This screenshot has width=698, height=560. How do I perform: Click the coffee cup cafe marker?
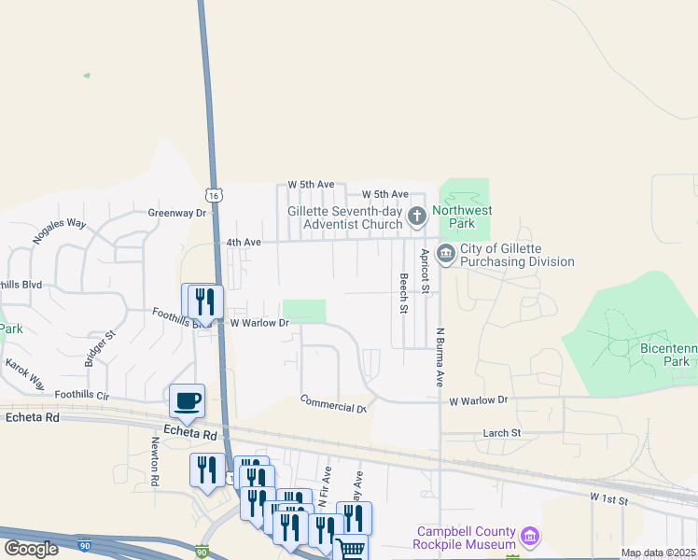[187, 400]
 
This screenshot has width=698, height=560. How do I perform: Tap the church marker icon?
[416, 217]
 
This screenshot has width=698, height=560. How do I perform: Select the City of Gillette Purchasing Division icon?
[445, 253]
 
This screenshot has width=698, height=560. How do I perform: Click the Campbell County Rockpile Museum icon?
[530, 537]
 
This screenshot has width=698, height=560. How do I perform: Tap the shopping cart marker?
[350, 549]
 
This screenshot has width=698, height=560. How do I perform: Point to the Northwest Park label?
[464, 217]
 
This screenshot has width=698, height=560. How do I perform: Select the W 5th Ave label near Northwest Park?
[385, 194]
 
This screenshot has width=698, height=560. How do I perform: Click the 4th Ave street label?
[243, 243]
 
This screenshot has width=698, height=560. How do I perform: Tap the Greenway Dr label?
[176, 213]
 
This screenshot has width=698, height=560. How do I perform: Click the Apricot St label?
[425, 271]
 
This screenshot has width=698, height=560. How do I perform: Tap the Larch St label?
[501, 433]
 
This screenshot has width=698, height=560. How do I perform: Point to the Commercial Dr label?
[332, 404]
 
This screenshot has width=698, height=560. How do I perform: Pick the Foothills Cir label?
[82, 395]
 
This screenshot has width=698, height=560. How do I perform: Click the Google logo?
[31, 549]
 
